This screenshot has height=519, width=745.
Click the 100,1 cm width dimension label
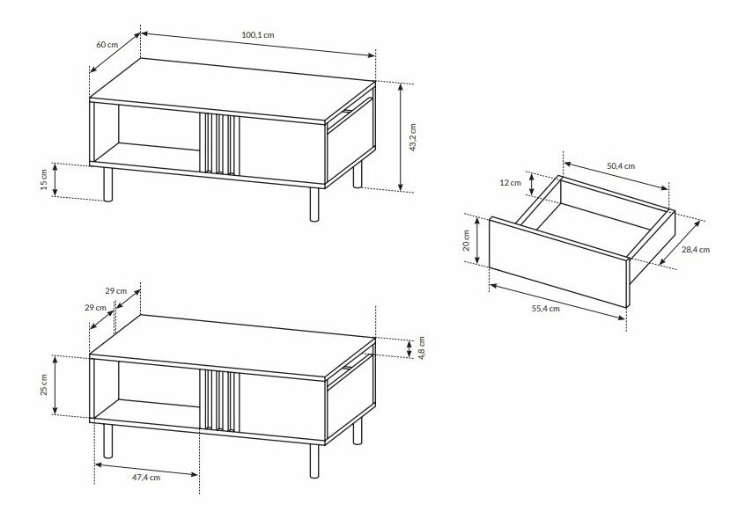(258, 34)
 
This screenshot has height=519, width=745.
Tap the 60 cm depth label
(107, 45)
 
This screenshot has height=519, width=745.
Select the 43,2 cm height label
(412, 137)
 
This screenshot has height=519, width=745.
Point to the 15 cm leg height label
(44, 179)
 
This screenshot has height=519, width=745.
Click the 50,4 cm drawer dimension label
(621, 166)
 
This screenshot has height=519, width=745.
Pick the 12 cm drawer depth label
(510, 183)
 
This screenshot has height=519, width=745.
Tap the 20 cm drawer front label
(466, 240)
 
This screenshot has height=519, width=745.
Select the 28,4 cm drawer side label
(696, 250)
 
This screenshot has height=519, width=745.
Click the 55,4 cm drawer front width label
(545, 309)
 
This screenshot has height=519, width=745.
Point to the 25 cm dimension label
(44, 384)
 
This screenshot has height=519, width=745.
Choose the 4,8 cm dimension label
(422, 347)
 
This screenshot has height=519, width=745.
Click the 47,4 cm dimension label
(146, 478)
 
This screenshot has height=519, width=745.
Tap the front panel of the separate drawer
(558, 261)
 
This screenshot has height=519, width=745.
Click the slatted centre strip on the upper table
(219, 143)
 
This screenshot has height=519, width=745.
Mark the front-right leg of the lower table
(314, 461)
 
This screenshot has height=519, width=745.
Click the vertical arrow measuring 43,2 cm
(401, 137)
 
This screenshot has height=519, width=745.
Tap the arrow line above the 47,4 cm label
(146, 469)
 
